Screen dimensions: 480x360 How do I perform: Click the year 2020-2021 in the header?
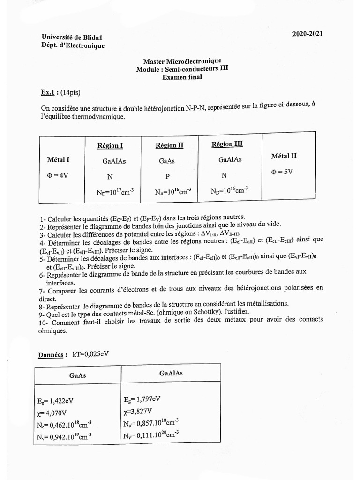(307, 34)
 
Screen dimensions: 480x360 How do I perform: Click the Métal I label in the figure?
(59, 160)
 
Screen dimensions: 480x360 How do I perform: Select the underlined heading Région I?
(111, 145)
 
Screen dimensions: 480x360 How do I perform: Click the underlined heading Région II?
(169, 145)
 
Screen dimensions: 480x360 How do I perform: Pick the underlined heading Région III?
(227, 144)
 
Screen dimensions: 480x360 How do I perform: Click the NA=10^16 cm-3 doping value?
(172, 191)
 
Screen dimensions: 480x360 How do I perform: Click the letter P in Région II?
(167, 177)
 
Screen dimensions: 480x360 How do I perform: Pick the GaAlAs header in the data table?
(171, 374)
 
